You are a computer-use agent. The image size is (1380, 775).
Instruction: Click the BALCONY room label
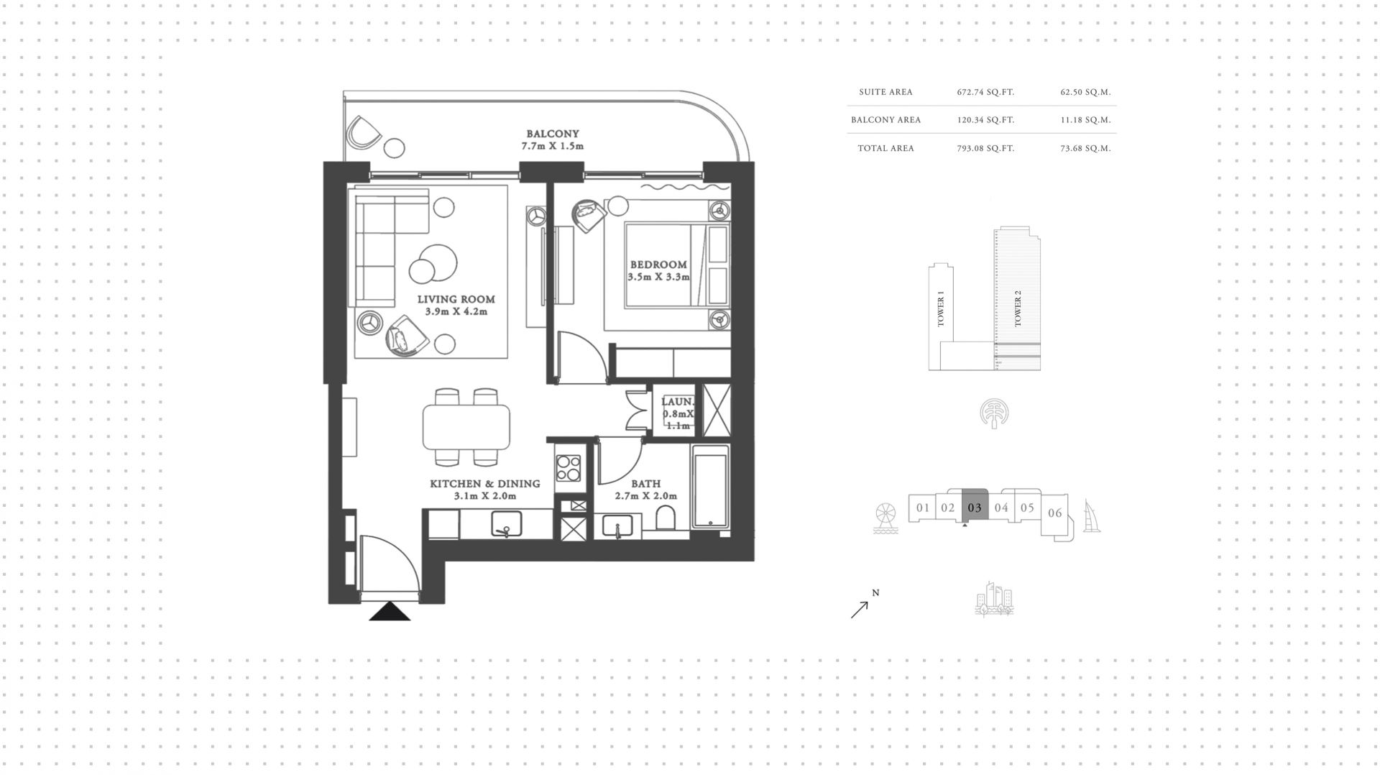point(552,134)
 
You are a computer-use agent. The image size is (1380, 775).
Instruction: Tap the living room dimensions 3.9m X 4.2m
point(456,312)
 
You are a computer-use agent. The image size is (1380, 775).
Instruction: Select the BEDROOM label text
point(658,265)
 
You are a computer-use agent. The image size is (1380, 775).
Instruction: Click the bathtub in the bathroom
point(710,487)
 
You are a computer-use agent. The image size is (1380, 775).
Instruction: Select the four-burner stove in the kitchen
point(569,468)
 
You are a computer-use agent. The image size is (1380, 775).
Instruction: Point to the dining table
point(466,427)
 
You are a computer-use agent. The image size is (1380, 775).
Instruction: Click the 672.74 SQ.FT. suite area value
point(985,92)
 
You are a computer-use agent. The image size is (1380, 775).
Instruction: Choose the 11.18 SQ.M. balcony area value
point(1085,120)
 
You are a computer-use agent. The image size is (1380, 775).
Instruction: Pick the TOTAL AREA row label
point(885,148)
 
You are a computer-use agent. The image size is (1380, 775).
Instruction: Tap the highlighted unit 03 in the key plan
point(975,506)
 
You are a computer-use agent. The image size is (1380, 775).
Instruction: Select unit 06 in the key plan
point(1054,513)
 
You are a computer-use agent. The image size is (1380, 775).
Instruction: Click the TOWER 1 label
point(941,309)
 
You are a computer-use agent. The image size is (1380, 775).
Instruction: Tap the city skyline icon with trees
point(994,599)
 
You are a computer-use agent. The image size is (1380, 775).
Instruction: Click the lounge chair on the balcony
point(363,134)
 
